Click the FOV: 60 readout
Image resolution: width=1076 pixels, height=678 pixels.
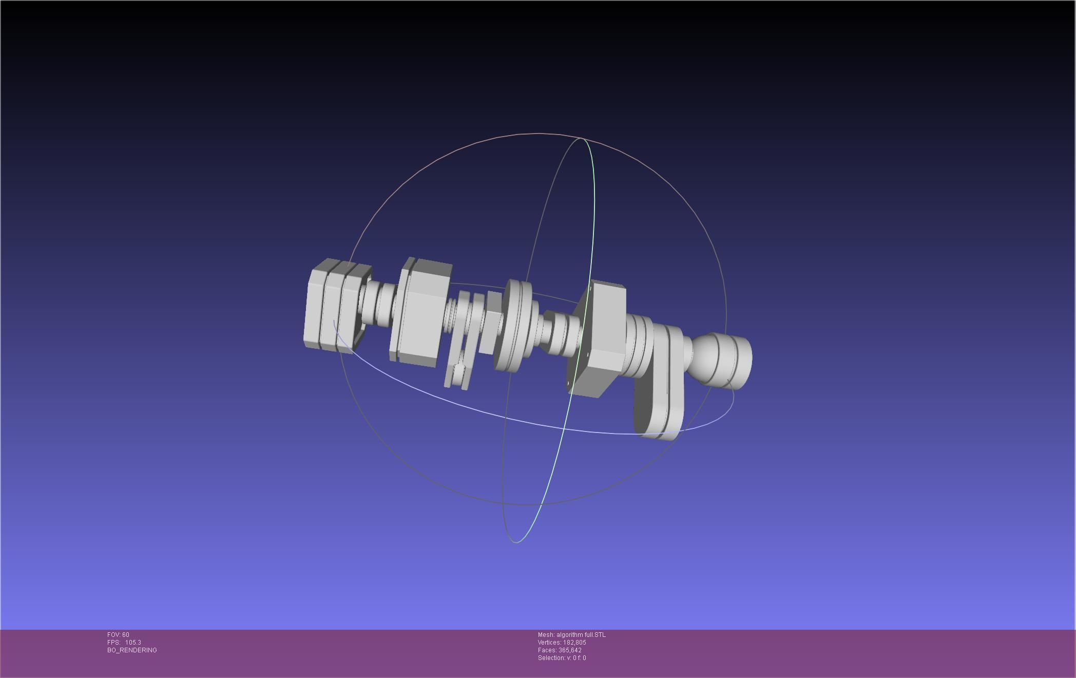pyautogui.click(x=118, y=635)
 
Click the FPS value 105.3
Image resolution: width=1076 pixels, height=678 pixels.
pyautogui.click(x=133, y=643)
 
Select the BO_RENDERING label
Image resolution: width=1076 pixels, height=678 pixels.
pyautogui.click(x=132, y=650)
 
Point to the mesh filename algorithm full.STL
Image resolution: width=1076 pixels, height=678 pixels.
pyautogui.click(x=581, y=635)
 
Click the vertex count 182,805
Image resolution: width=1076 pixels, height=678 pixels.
pyautogui.click(x=574, y=643)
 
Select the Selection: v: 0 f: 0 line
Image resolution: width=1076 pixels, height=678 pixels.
pyautogui.click(x=562, y=658)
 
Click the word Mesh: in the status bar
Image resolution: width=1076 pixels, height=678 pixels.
pyautogui.click(x=546, y=635)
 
